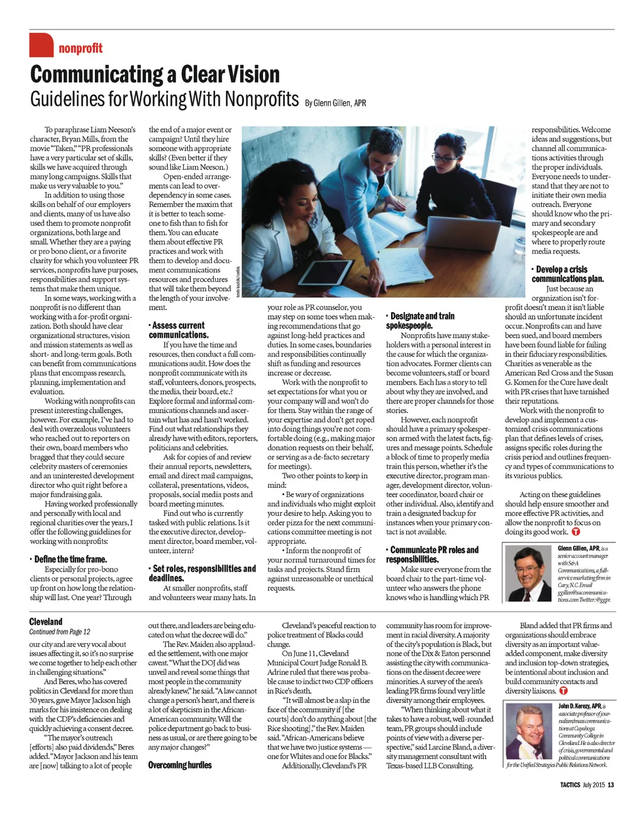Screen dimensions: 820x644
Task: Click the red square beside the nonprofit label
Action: (x=42, y=45)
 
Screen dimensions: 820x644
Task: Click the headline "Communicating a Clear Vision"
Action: (x=155, y=74)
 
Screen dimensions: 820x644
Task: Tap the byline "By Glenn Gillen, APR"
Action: (x=335, y=103)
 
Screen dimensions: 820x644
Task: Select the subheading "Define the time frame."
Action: (x=70, y=559)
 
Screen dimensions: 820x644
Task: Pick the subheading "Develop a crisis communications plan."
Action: (x=567, y=274)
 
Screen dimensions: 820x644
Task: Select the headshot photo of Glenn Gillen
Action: (x=529, y=573)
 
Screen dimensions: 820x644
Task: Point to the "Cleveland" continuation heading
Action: (x=46, y=621)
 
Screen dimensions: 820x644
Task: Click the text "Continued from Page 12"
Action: (x=60, y=632)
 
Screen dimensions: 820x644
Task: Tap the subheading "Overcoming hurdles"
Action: (x=180, y=765)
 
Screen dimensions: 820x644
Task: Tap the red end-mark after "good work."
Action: (x=576, y=532)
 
